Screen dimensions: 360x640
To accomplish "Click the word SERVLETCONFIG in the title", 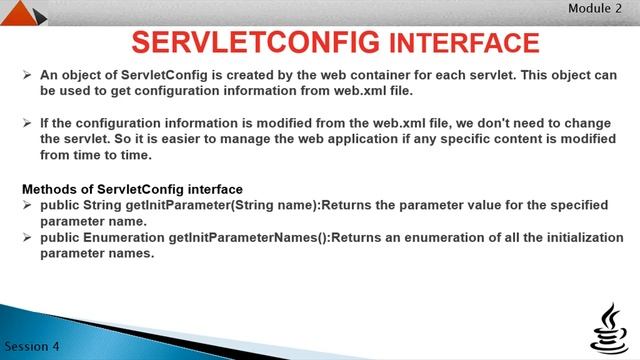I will tap(254, 43).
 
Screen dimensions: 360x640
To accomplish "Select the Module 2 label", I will tap(596, 8).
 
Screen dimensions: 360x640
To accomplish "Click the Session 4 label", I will tap(31, 346).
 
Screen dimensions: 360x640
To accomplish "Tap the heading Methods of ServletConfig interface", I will tap(132, 189).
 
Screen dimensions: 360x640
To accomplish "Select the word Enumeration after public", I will tap(126, 238).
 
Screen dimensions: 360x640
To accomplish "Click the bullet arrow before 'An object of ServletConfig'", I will tap(27, 75).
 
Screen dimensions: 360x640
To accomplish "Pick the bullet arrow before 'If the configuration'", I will tap(27, 123).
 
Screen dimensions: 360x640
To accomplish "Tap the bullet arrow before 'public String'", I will tap(27, 205).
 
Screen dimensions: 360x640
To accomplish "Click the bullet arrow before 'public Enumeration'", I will tap(27, 238).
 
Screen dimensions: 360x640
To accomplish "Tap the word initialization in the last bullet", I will tap(574, 238).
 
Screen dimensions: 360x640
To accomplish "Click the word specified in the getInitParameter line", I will tap(573, 205).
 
